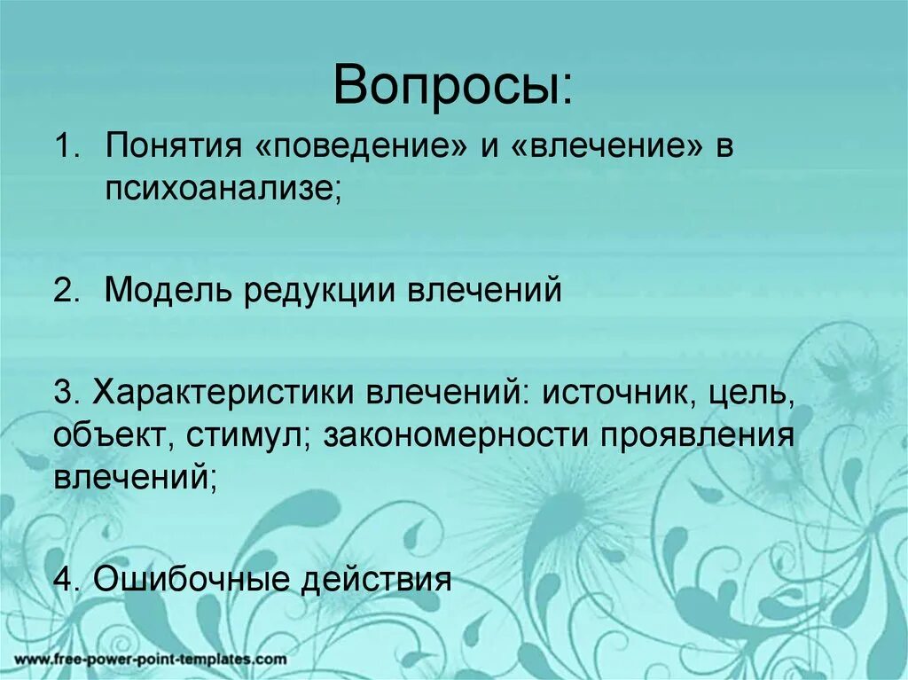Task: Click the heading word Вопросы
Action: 452,88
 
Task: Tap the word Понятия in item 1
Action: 168,148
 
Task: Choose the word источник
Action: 612,393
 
